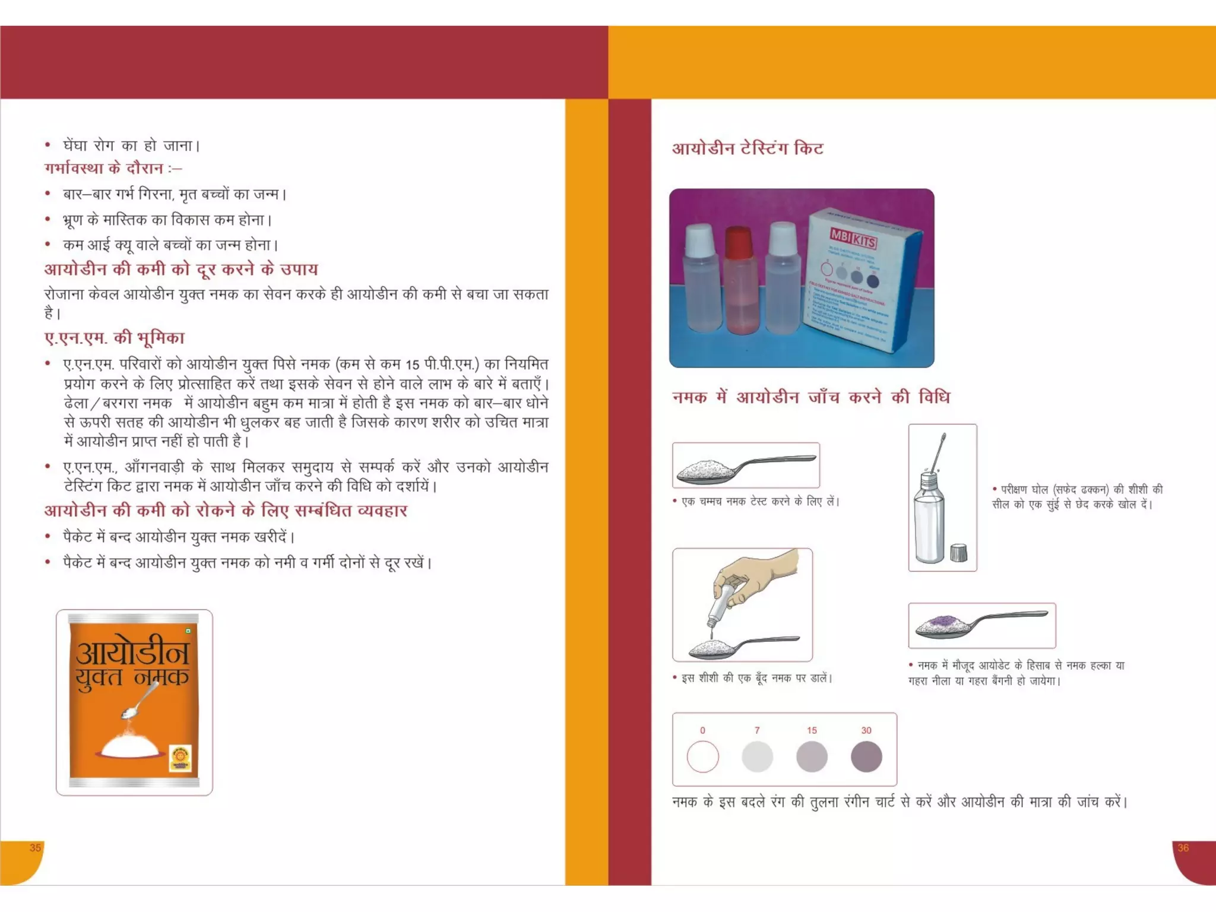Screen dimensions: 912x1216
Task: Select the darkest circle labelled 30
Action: [x=866, y=756]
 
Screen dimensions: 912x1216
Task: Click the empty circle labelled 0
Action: [x=702, y=756]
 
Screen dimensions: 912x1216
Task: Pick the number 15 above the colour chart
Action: [x=812, y=730]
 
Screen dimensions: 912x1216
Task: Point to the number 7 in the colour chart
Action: [x=757, y=730]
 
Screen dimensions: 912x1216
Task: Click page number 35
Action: [x=35, y=848]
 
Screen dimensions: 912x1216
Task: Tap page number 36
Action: [x=1183, y=848]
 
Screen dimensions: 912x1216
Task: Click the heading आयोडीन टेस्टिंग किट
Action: [x=748, y=148]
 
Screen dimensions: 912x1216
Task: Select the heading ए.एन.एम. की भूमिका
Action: [x=115, y=338]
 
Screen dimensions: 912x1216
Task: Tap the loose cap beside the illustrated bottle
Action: [x=958, y=553]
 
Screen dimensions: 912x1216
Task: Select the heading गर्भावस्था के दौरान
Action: [x=104, y=169]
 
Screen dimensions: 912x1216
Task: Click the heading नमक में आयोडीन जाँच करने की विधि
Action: [x=810, y=397]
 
